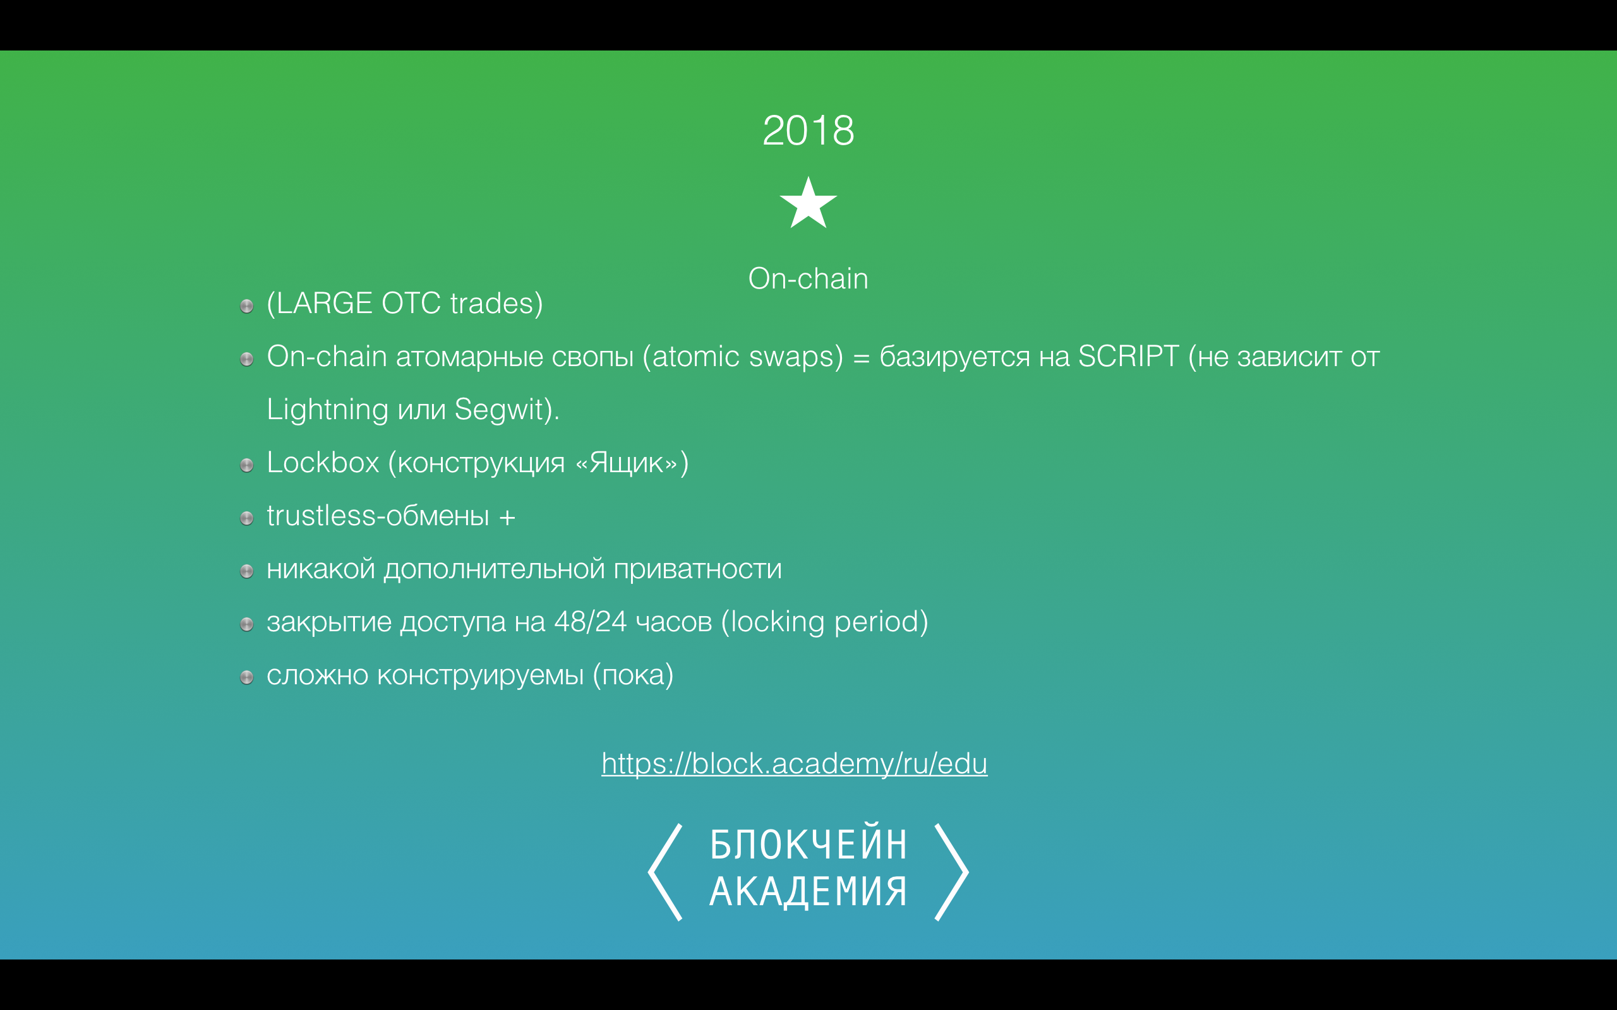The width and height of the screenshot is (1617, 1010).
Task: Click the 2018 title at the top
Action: point(808,130)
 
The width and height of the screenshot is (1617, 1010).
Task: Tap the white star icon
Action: point(808,203)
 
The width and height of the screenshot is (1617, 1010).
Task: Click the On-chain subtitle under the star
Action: point(808,278)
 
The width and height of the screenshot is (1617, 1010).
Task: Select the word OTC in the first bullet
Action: point(411,303)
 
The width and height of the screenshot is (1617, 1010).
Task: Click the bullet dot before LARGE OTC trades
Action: point(246,306)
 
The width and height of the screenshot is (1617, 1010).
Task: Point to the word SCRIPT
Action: point(1129,356)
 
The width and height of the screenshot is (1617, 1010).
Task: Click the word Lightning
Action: point(327,410)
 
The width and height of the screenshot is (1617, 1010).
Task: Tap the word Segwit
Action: point(498,410)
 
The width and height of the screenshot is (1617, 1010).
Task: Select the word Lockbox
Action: point(323,462)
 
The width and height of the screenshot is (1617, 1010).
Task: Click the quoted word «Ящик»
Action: point(626,462)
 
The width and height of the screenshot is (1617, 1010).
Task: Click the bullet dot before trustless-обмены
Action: point(246,518)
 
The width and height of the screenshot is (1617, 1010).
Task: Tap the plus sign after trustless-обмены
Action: point(507,517)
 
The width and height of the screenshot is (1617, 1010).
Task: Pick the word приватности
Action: point(697,569)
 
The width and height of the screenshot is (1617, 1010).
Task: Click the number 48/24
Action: point(590,622)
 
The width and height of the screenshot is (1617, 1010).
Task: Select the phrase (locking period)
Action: point(824,622)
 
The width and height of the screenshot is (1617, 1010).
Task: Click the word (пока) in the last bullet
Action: point(633,675)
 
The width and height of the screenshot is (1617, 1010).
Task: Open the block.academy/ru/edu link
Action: point(795,764)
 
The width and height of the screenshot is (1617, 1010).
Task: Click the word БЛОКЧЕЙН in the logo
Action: point(808,845)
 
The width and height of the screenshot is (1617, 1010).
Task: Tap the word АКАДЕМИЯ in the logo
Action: point(808,891)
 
